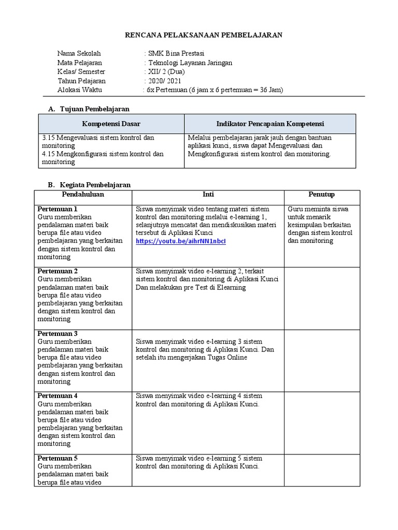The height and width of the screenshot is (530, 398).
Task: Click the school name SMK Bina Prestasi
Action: [x=176, y=53]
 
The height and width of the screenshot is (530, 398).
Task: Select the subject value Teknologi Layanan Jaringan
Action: [x=190, y=63]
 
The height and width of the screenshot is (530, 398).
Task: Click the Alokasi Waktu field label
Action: [x=80, y=90]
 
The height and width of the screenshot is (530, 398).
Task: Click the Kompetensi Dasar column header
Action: [x=111, y=124]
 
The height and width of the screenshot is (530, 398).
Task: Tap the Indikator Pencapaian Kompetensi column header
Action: [x=270, y=124]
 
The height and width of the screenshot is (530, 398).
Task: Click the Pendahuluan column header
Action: [x=83, y=195]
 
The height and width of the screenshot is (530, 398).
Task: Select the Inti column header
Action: [x=208, y=195]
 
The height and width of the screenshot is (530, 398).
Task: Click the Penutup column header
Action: [x=321, y=195]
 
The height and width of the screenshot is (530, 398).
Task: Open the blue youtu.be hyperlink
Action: [x=181, y=241]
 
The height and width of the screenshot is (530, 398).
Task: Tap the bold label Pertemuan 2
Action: [x=58, y=271]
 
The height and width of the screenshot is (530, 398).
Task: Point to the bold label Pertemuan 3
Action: [x=58, y=333]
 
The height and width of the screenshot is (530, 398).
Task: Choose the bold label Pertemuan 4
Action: [x=58, y=396]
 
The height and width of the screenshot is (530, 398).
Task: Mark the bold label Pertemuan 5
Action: [x=58, y=458]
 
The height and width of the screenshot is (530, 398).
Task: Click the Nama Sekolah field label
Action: [x=79, y=53]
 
